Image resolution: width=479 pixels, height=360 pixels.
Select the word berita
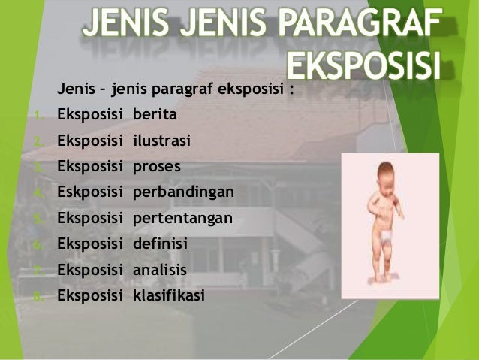[155, 115]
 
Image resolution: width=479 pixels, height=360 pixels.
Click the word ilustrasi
[161, 141]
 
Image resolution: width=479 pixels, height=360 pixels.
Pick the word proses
[157, 167]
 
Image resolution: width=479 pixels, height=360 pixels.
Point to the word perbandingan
[183, 192]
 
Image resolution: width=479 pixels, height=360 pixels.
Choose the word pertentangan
[182, 218]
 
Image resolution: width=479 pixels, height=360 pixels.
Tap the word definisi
[160, 244]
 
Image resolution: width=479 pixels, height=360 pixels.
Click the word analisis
[160, 270]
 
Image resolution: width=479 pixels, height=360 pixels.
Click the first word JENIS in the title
[128, 24]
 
